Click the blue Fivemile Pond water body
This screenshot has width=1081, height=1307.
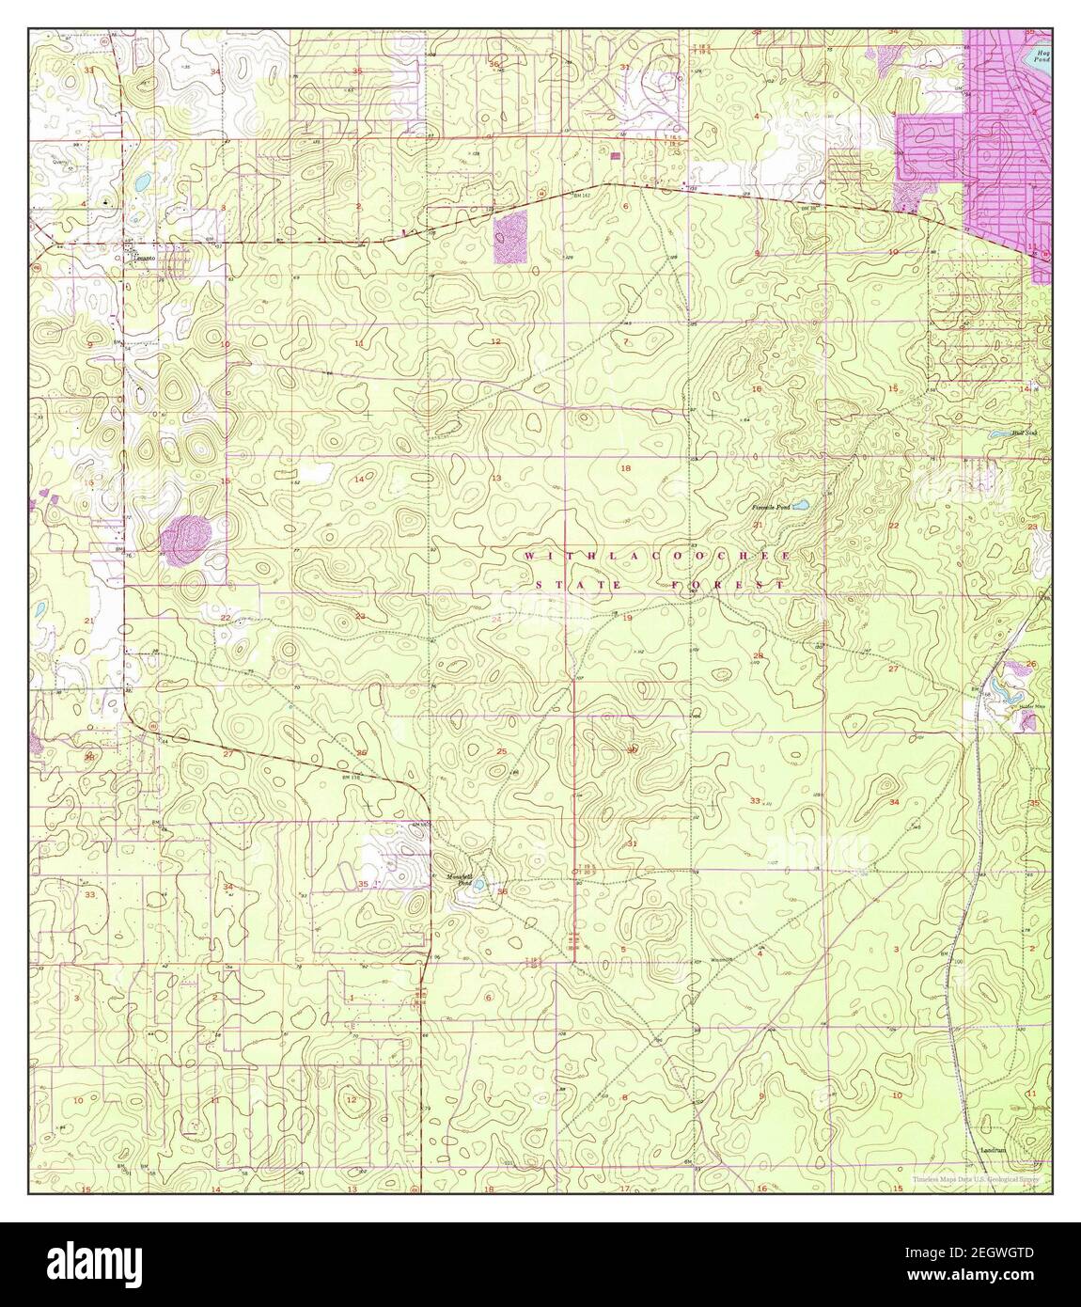(800, 506)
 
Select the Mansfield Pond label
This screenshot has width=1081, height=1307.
(458, 879)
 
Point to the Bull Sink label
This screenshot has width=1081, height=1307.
(1023, 433)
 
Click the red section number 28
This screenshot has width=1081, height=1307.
(758, 655)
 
